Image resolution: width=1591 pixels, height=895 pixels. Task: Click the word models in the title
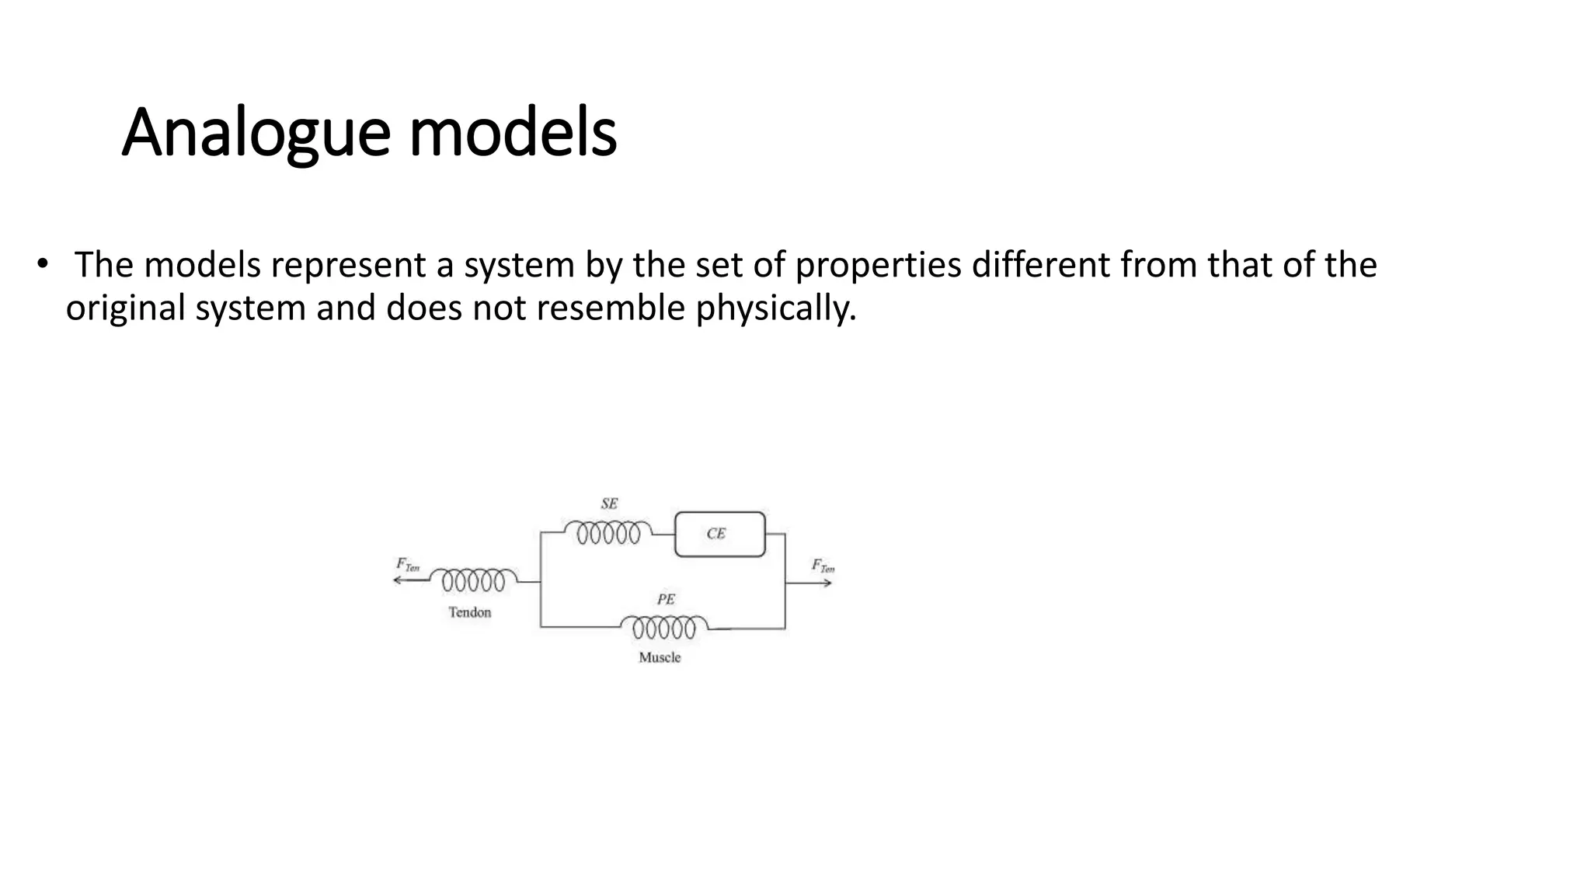[513, 133]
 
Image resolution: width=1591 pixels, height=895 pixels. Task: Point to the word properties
[879, 265]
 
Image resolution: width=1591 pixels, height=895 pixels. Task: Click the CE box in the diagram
[719, 534]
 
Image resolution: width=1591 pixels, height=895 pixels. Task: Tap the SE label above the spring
[609, 503]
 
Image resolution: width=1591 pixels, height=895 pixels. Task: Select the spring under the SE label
[608, 533]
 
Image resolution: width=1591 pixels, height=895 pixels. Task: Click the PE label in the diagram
[666, 599]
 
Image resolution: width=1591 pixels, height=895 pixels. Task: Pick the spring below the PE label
[664, 627]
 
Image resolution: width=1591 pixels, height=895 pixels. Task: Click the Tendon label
[470, 612]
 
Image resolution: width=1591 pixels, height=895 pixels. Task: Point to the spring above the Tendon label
[473, 580]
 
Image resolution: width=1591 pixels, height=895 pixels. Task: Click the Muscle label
[660, 657]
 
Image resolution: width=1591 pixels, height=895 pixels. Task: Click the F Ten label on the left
[407, 565]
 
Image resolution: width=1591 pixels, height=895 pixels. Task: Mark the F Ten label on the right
[823, 566]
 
